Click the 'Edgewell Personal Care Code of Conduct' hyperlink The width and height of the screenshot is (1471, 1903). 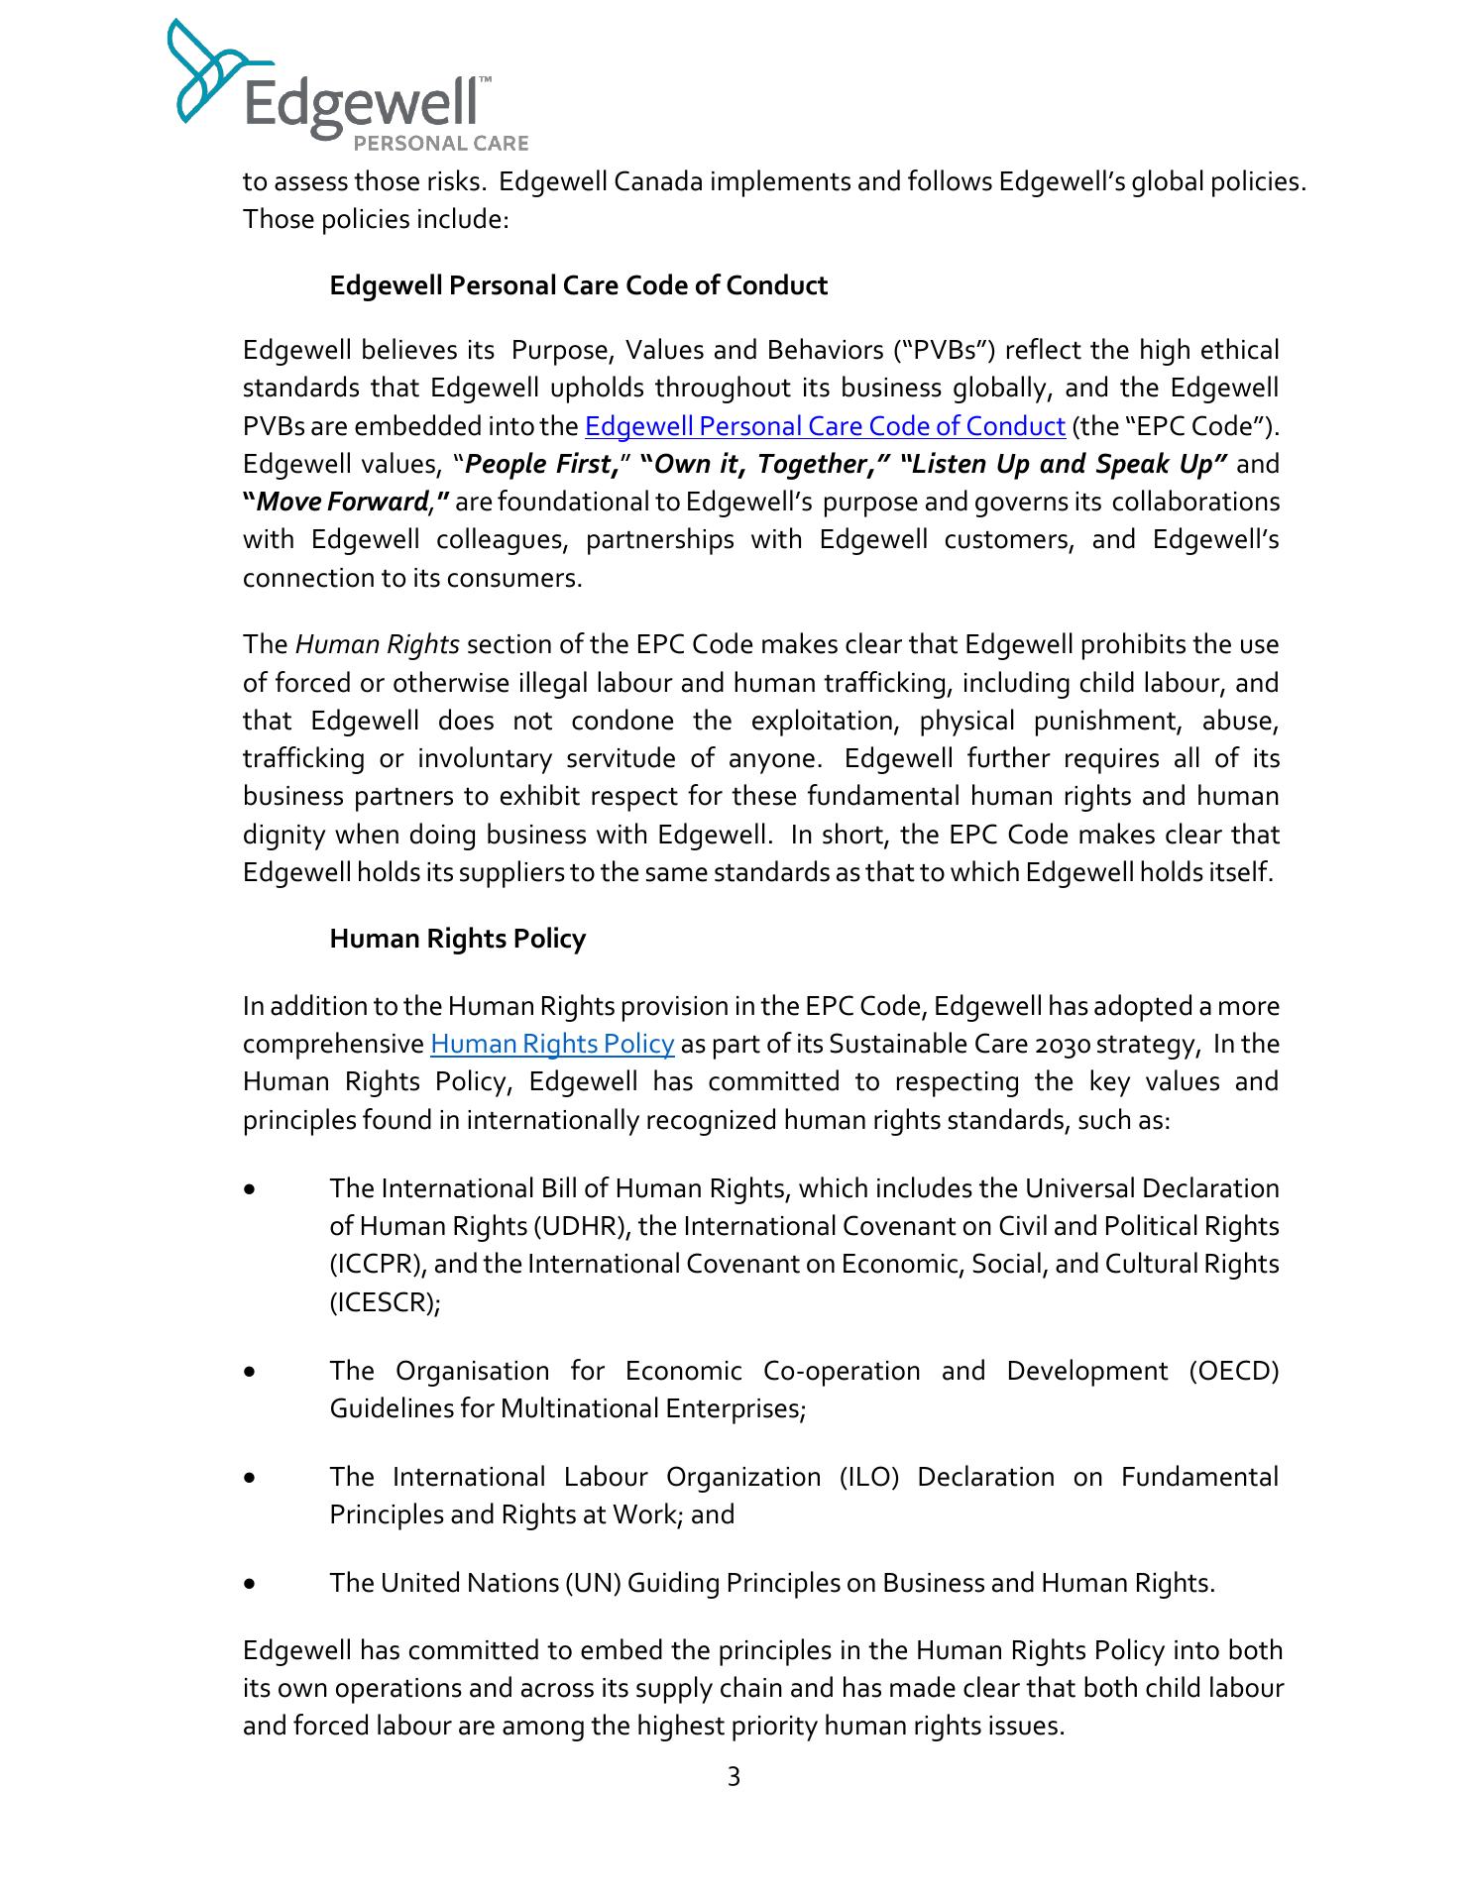[x=825, y=426]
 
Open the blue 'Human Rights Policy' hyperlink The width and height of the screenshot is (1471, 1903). [x=552, y=1045]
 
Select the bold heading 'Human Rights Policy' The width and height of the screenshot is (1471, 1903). [x=457, y=939]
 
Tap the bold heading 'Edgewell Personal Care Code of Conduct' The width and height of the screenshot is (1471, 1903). [x=578, y=285]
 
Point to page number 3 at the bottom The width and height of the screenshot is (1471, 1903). [x=734, y=1777]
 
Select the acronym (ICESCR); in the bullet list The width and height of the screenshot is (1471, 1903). [x=385, y=1302]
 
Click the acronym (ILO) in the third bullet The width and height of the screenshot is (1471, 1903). [x=869, y=1477]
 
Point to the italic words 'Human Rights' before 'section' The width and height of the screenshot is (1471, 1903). [x=377, y=645]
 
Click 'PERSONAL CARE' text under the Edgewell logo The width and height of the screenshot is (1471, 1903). [x=441, y=144]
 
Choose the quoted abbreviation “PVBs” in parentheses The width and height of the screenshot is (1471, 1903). [x=946, y=351]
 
